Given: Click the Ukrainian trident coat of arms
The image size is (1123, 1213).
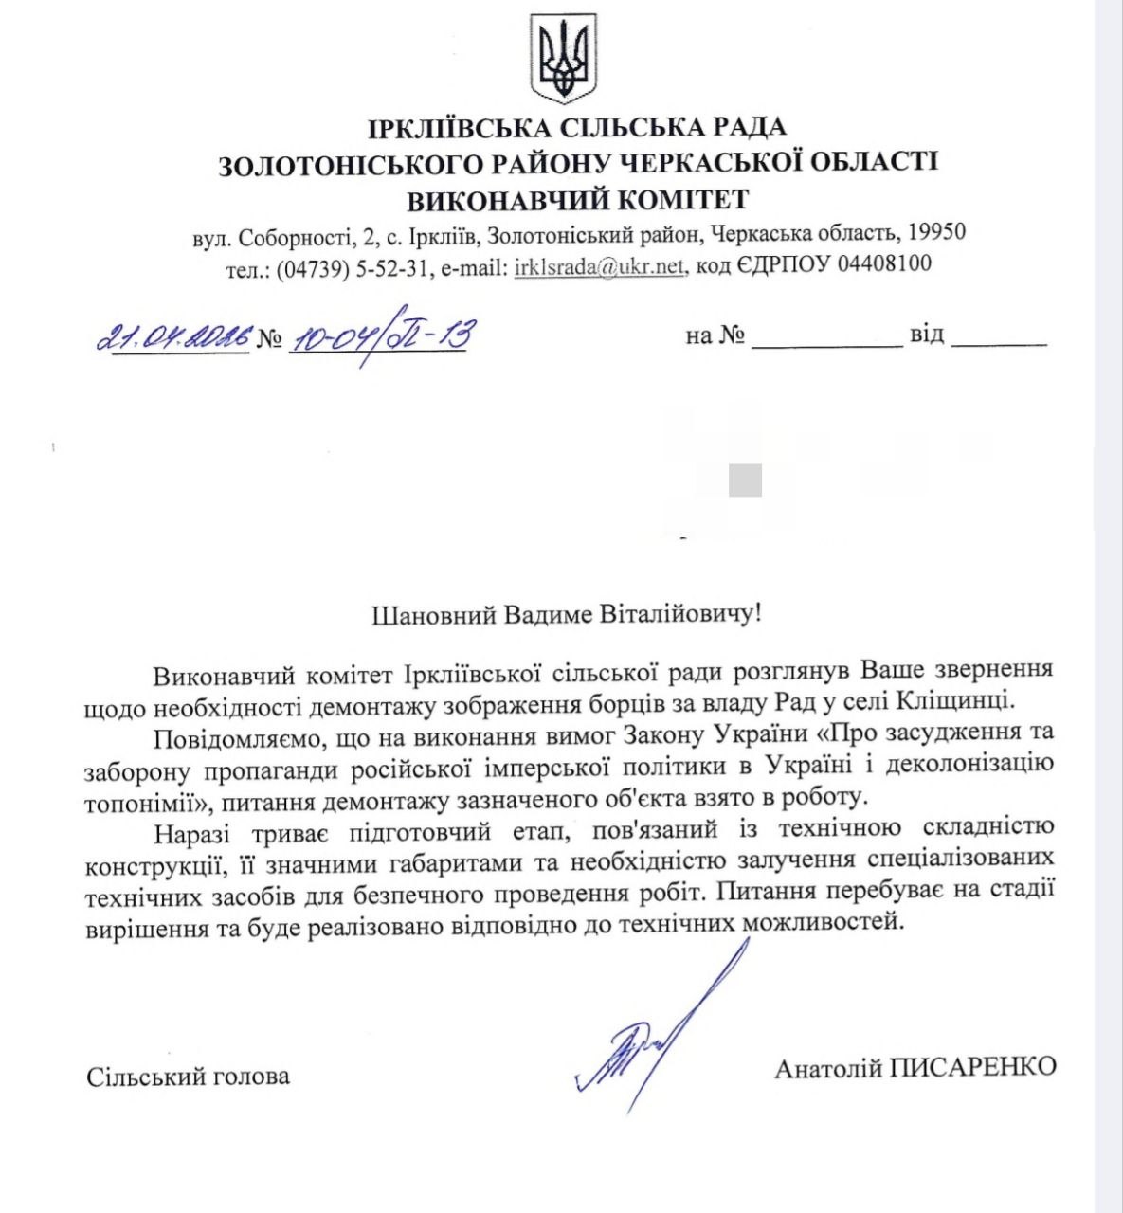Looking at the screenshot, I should [563, 60].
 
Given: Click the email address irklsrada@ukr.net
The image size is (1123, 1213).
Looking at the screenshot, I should [599, 266].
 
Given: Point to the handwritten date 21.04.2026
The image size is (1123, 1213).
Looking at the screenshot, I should [175, 336].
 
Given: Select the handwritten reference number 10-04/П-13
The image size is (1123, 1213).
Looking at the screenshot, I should [379, 336].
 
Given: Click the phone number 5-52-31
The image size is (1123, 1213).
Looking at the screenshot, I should [391, 268].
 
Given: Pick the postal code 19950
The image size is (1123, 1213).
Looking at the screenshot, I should [936, 233].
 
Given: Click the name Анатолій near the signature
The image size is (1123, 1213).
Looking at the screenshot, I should [828, 1068].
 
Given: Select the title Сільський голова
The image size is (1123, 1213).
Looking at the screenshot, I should [188, 1077].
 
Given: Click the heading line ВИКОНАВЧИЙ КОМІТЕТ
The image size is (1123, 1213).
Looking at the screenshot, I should [578, 200].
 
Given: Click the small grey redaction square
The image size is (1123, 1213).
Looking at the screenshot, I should [745, 480].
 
